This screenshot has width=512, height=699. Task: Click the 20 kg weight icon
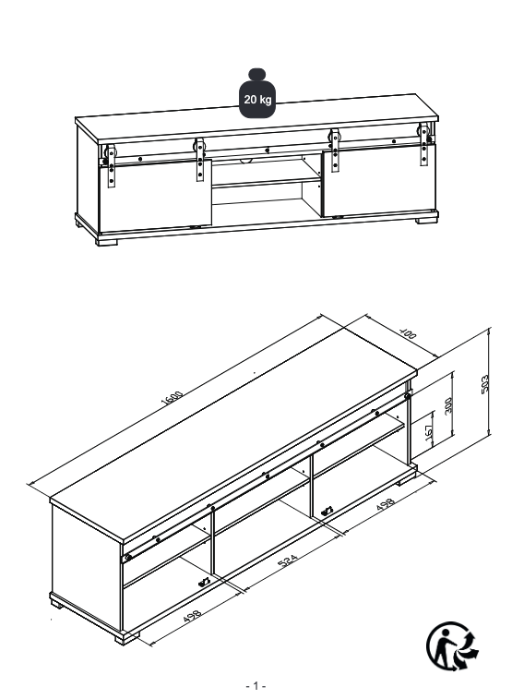[x=256, y=93]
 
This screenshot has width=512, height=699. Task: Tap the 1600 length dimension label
[x=172, y=397]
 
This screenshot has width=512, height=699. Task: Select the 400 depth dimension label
[x=408, y=333]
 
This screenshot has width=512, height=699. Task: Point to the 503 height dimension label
[x=485, y=384]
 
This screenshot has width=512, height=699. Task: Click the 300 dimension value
[x=448, y=405]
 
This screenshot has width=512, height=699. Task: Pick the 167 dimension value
[x=429, y=432]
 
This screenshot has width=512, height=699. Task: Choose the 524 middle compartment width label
[x=288, y=560]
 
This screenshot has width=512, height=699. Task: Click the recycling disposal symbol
[x=452, y=645]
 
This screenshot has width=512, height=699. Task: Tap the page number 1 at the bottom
[x=256, y=685]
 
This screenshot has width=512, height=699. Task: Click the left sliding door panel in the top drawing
[x=155, y=196]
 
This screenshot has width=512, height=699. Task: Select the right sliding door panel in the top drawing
[x=379, y=180]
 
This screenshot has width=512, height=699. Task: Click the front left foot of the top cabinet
[x=107, y=241]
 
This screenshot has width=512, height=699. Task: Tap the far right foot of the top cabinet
[x=426, y=220]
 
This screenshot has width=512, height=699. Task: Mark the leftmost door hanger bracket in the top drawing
[x=111, y=165]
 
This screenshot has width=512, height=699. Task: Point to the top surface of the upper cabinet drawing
[x=256, y=117]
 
